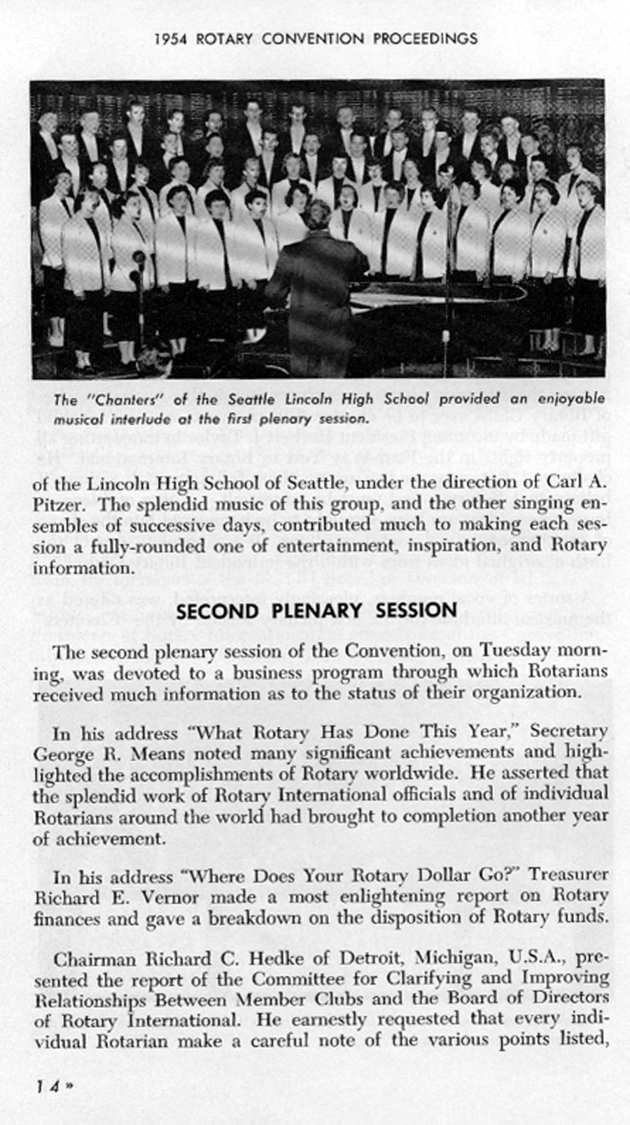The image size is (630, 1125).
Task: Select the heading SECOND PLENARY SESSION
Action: pyautogui.click(x=317, y=611)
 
